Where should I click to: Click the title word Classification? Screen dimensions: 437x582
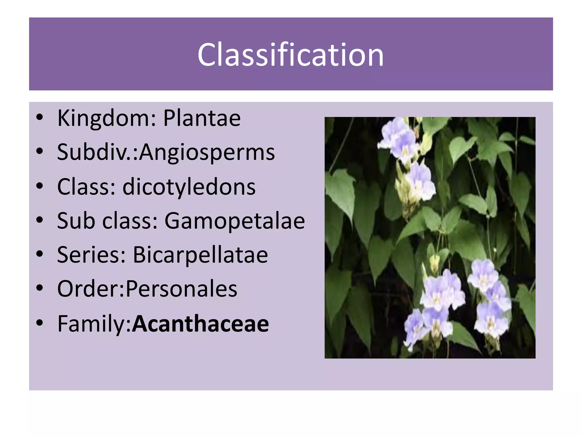290,55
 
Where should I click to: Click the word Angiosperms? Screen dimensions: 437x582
207,152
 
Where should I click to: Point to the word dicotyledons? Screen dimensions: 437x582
189,187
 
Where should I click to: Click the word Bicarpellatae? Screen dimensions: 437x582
200,255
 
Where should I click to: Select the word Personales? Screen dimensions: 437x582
181,289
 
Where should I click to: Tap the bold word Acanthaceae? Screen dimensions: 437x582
200,323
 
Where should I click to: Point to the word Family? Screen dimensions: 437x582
93,323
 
